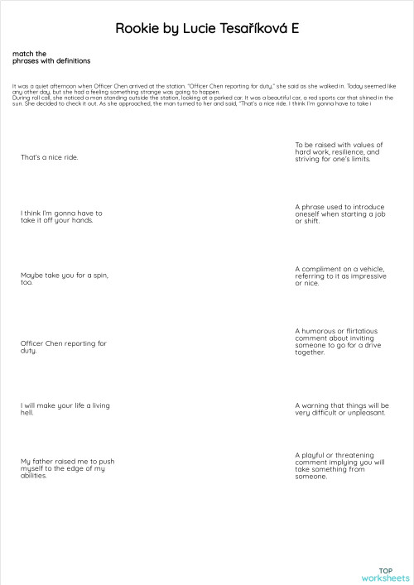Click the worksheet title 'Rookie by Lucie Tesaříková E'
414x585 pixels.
click(207, 29)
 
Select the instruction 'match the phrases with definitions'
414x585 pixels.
click(51, 57)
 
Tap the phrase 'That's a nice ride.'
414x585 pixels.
click(50, 156)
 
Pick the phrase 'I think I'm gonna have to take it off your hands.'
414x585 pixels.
click(61, 217)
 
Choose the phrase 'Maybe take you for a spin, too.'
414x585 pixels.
click(64, 278)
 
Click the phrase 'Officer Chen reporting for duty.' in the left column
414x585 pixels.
click(64, 347)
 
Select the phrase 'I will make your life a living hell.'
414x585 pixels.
click(65, 409)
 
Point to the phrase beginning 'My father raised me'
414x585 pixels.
click(67, 468)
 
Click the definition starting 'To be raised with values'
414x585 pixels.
click(339, 152)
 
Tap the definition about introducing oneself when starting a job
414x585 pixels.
click(340, 213)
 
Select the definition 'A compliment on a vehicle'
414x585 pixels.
click(339, 276)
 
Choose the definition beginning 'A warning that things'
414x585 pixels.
click(340, 409)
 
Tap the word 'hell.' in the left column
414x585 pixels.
click(27, 412)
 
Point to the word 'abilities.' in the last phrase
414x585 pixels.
click(34, 476)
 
